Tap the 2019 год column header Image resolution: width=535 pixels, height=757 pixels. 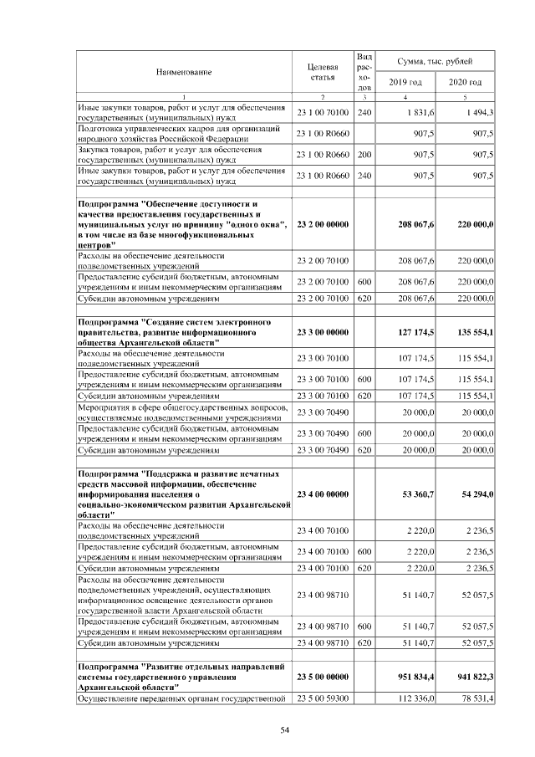405,82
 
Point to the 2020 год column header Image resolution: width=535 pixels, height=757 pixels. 465,82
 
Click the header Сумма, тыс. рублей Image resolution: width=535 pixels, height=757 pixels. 435,62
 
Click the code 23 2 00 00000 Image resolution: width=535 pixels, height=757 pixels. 322,225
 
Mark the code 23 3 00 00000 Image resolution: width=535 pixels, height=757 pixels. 322,332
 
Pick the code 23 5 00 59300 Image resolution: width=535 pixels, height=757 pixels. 322,698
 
